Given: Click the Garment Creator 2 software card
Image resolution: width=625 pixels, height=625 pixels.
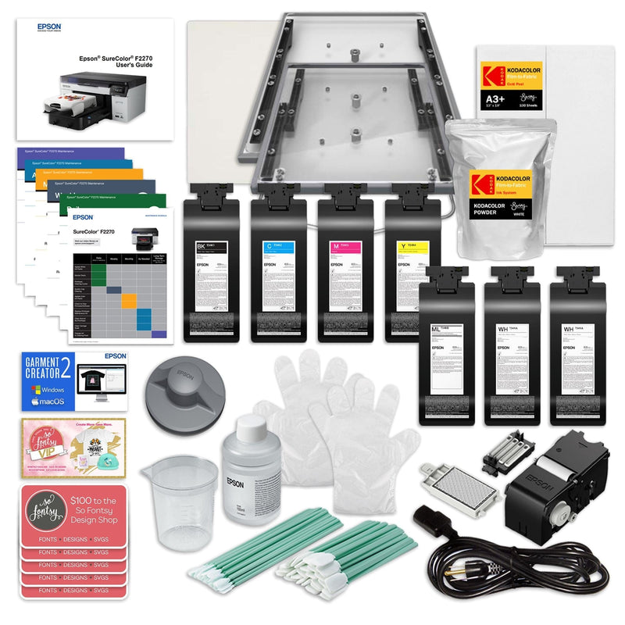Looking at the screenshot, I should pos(74,380).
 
